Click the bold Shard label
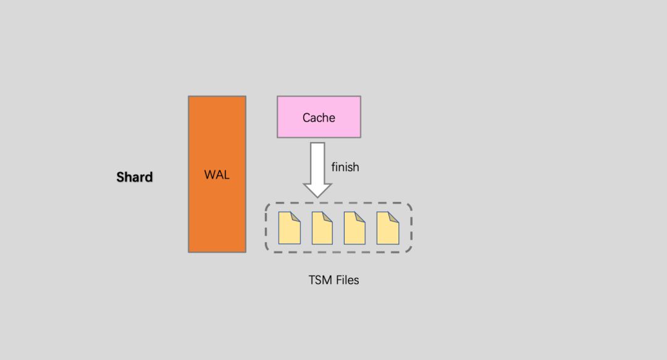135,177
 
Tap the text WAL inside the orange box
217,175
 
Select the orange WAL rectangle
217,210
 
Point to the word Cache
319,117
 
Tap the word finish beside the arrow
345,167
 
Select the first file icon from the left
289,228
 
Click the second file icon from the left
322,228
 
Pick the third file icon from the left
354,228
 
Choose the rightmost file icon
388,228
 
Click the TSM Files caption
333,280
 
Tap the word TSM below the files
321,280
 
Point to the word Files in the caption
347,280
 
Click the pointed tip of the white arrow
317,195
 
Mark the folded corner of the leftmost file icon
296,216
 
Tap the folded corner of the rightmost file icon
395,216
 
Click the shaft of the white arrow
317,161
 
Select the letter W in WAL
209,175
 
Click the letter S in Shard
120,177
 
